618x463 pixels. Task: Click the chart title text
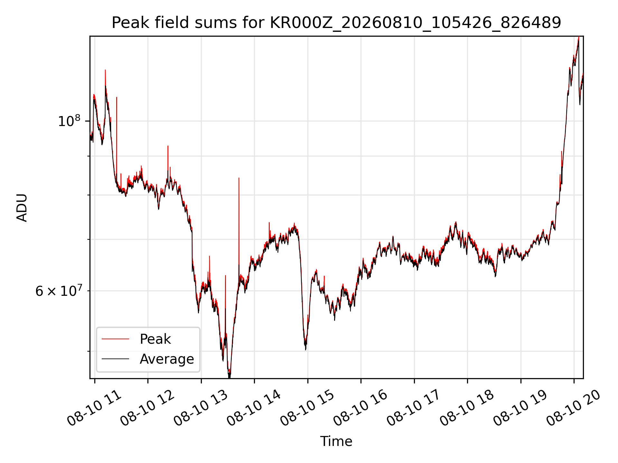coord(336,23)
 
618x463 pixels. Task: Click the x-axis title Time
coord(336,441)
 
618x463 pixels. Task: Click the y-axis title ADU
coord(22,207)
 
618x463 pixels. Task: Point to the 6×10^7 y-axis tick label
coord(58,291)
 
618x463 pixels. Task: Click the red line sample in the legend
coord(115,339)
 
